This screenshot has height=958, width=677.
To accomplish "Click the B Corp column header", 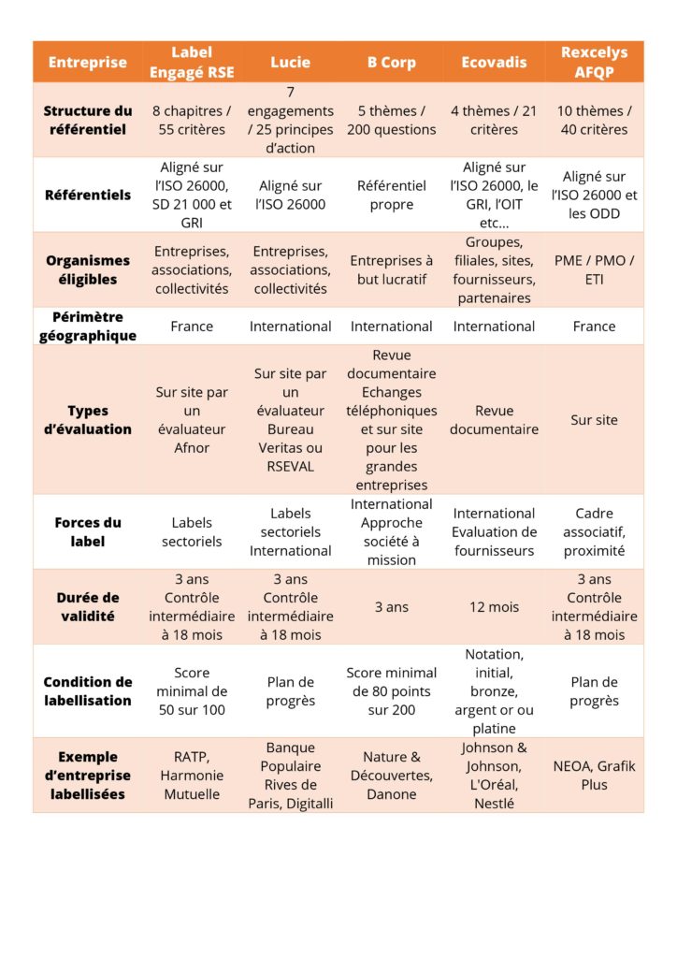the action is click(391, 63).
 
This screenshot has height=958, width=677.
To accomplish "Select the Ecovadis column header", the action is click(494, 63).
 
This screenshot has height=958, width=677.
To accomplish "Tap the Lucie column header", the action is click(290, 63).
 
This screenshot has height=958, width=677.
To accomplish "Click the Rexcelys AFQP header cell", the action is click(594, 62).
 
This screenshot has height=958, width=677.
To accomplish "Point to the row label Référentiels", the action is click(88, 195).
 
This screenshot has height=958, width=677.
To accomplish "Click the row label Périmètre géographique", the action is click(88, 327).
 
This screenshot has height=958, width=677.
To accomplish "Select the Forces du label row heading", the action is click(88, 532).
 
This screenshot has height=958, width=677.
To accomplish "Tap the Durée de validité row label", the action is click(88, 606).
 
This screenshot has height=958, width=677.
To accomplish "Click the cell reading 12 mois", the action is click(494, 607).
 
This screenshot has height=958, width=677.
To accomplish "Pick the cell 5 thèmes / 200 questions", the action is click(391, 121).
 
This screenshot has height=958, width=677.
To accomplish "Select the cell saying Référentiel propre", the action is click(391, 195).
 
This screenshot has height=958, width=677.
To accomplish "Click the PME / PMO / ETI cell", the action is click(594, 270).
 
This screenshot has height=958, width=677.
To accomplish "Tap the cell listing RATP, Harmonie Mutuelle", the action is click(192, 776).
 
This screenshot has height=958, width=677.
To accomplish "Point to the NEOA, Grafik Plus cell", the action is click(594, 776).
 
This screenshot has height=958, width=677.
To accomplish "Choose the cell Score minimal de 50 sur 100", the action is click(192, 691).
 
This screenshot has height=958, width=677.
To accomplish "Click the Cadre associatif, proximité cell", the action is click(594, 532).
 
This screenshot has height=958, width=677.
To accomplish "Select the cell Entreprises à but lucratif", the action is click(391, 270).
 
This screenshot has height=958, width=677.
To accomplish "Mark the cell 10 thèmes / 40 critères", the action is click(594, 121).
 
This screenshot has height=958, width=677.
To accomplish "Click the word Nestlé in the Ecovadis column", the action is click(494, 804).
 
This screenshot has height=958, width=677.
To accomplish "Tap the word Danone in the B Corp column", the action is click(391, 794).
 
